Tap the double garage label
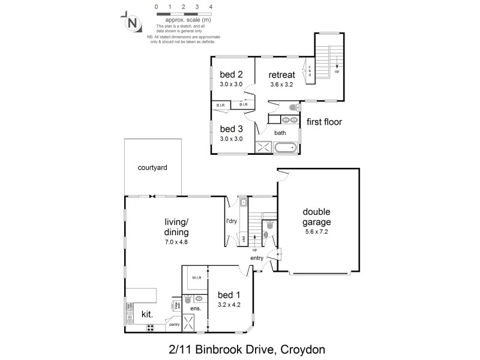click(x=316, y=217)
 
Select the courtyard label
click(x=152, y=168)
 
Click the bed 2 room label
click(x=230, y=74)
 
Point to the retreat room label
click(x=281, y=75)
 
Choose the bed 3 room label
click(x=230, y=129)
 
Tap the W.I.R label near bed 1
click(x=196, y=278)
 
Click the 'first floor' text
click(x=324, y=122)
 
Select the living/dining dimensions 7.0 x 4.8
click(x=176, y=242)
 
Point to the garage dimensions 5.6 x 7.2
click(x=317, y=231)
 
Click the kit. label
click(x=146, y=314)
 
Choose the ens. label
click(x=196, y=308)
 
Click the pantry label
click(x=174, y=325)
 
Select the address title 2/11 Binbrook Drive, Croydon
click(x=240, y=348)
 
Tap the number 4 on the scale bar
click(x=210, y=7)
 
